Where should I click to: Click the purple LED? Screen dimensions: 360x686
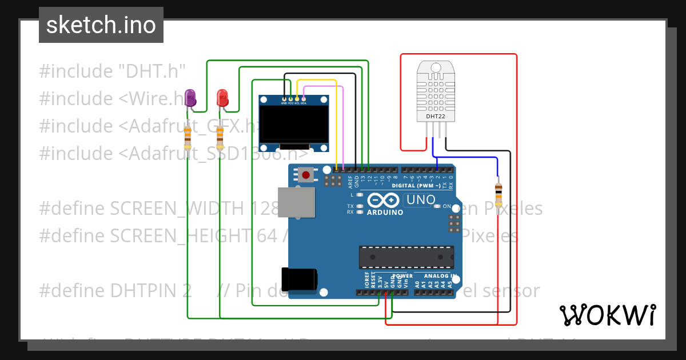point(190,97)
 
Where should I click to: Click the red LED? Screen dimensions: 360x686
point(222,98)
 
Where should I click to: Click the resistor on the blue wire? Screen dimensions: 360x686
point(498,194)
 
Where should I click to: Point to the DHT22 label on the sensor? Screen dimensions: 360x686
point(436,117)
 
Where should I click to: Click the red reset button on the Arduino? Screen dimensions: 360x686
point(306,174)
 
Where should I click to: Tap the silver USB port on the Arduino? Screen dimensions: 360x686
point(296,202)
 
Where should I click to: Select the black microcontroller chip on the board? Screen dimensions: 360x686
point(406,257)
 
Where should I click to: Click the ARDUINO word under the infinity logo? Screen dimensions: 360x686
point(385,213)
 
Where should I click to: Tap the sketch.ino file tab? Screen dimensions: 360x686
point(101,25)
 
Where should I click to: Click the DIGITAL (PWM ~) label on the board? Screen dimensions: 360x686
point(416,186)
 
